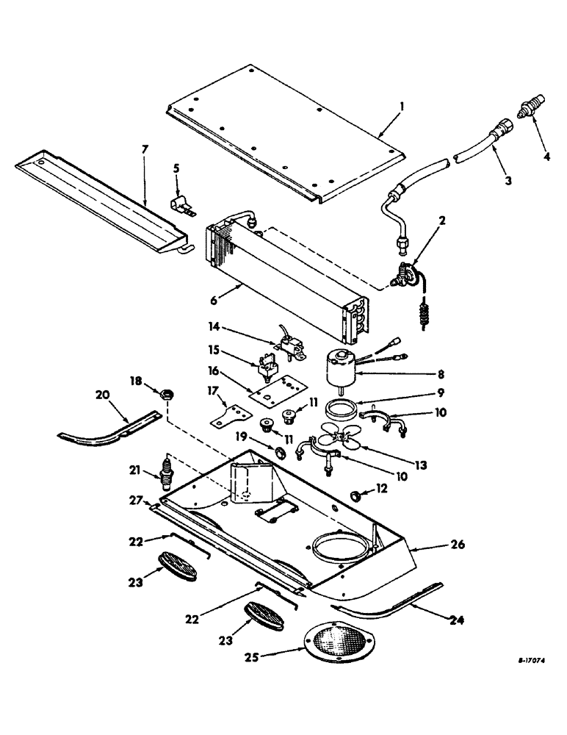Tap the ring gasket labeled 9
tap(342, 406)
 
